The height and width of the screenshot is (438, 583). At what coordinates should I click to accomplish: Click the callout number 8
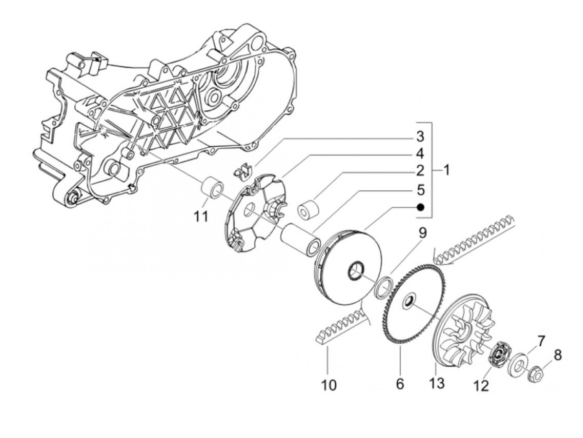(558, 355)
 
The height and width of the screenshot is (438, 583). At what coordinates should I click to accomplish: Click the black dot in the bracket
(420, 207)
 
